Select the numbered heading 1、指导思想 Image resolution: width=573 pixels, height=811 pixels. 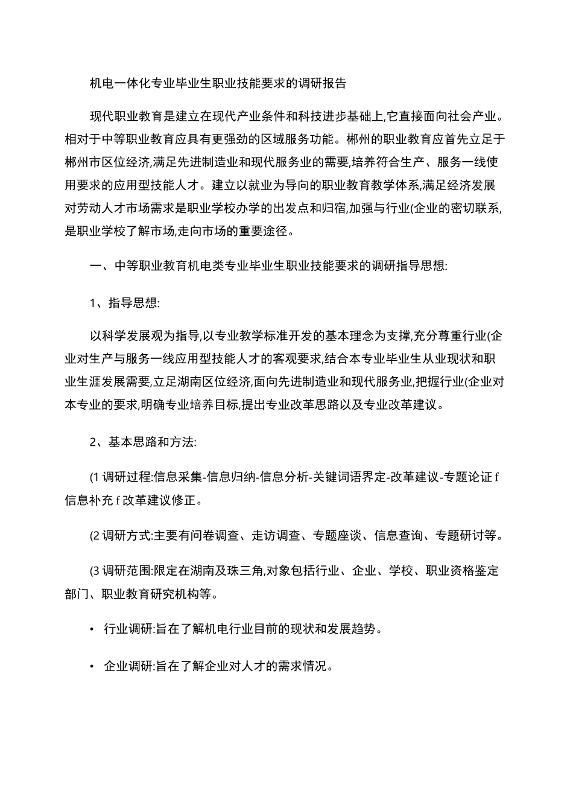(x=124, y=303)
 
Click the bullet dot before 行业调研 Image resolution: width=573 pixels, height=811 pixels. (x=92, y=629)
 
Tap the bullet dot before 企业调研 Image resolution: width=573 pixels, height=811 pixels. (x=92, y=667)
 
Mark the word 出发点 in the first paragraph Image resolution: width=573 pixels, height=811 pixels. (x=289, y=209)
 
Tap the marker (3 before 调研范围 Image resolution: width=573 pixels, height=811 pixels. (x=95, y=571)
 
